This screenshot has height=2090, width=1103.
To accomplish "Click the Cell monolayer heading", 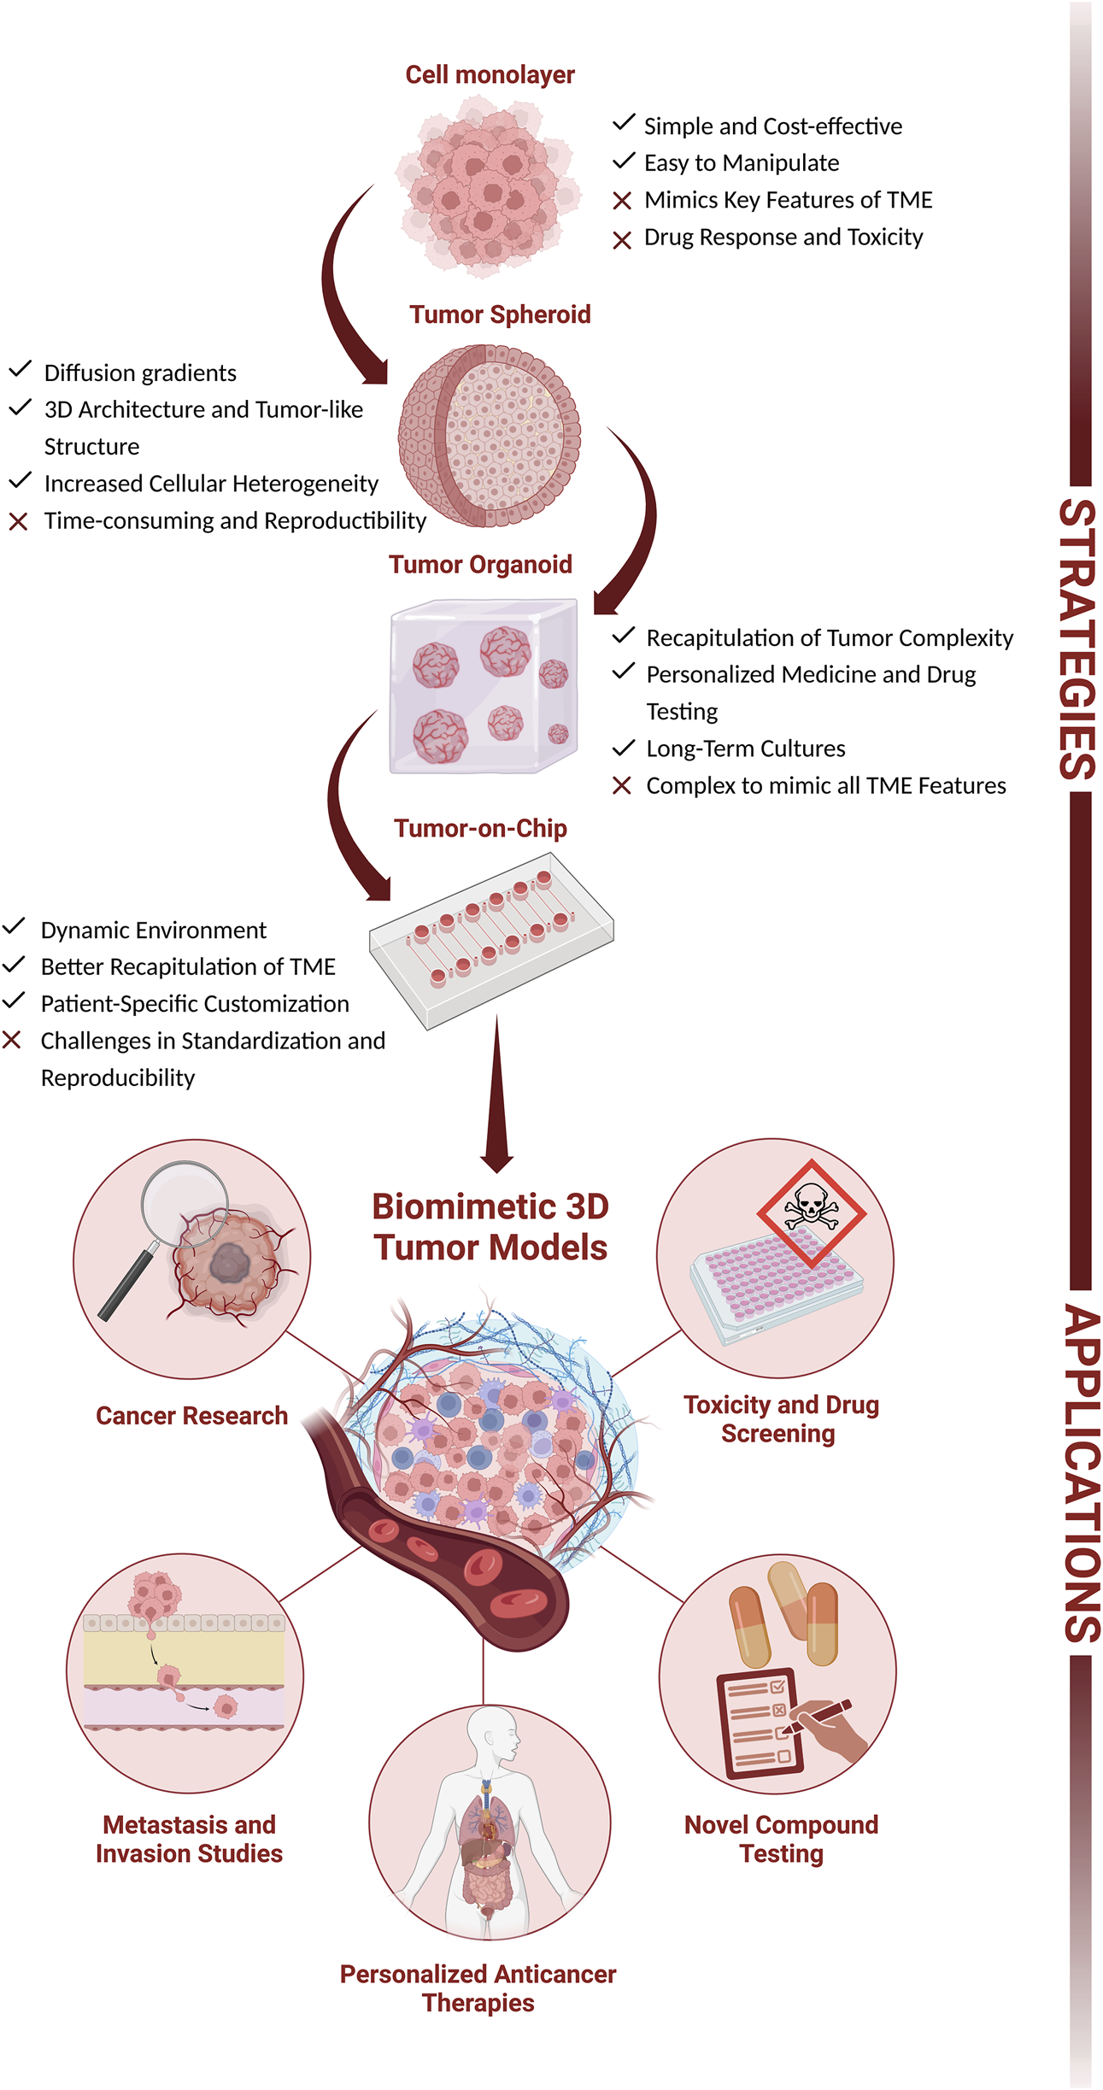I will pos(490,75).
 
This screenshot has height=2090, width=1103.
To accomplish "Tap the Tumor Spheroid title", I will pos(500,314).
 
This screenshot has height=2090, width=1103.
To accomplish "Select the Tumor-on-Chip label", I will pos(480,828).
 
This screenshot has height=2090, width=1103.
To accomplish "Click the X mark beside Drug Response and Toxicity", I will pos(622,240).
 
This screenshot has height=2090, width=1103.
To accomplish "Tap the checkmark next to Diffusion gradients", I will pos(20,370).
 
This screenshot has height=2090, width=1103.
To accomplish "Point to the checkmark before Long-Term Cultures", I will pos(624,748).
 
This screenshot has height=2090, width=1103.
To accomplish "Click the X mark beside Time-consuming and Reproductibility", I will pos(18,521).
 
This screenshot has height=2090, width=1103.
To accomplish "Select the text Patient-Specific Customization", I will pos(195,1003).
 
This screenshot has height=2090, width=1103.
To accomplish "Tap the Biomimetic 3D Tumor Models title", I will pos(490,1227).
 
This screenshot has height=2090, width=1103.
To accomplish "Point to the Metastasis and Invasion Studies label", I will pos(189,1838).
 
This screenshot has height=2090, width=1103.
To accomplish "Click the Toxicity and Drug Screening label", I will pos(780,1418).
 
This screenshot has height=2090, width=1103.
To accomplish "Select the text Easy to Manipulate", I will pos(741,162).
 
